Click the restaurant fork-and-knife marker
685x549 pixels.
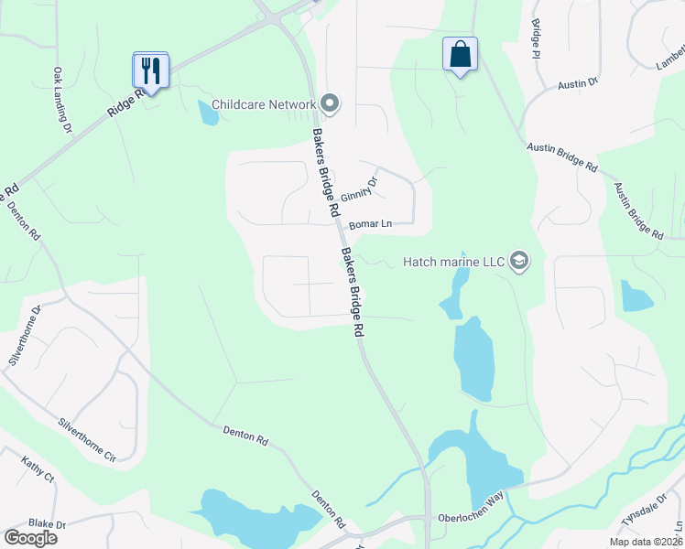tap(150, 70)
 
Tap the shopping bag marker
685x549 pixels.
tap(460, 54)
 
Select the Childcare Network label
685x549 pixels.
tap(264, 104)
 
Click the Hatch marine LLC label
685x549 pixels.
tap(454, 263)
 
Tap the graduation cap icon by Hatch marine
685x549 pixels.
tap(519, 262)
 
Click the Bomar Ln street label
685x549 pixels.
tap(370, 224)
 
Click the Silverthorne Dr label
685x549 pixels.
tap(25, 336)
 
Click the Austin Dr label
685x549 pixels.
tap(578, 83)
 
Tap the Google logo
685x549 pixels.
tap(31, 538)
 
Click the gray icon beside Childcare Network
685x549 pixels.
tap(330, 104)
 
